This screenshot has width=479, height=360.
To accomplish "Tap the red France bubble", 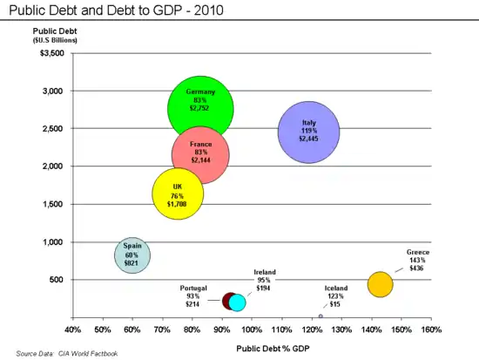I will click(200, 155).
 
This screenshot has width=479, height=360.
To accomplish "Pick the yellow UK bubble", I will click(178, 195).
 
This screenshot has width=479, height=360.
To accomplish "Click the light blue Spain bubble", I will click(132, 255).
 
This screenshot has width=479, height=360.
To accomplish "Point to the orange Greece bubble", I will click(381, 283).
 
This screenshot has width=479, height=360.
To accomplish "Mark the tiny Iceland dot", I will click(320, 316).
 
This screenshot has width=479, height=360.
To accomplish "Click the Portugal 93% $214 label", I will click(193, 296).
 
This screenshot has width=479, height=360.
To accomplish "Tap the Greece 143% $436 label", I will click(418, 260).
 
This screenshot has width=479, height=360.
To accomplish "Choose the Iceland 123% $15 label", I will click(336, 296).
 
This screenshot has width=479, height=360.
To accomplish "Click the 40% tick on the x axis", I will click(73, 329).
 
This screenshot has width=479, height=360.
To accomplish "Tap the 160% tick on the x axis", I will click(431, 329).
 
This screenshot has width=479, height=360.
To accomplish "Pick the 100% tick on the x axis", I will click(252, 329).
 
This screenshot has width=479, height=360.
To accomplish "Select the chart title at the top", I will click(115, 10).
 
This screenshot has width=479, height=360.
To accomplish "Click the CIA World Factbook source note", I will click(66, 354).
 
